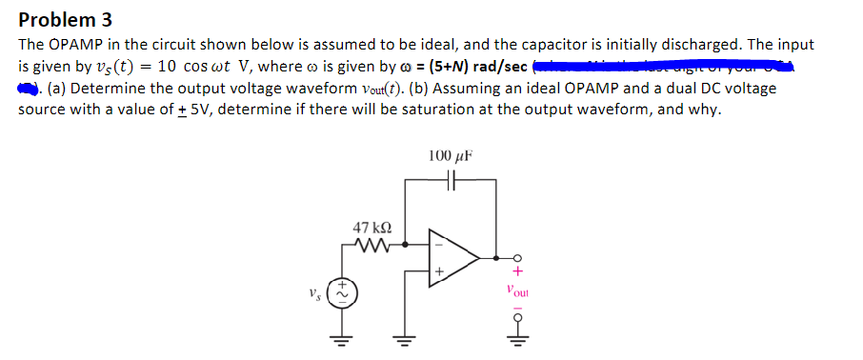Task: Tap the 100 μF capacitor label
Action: pos(450,155)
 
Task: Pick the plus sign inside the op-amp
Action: pos(439,271)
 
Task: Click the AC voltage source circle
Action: pos(338,291)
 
